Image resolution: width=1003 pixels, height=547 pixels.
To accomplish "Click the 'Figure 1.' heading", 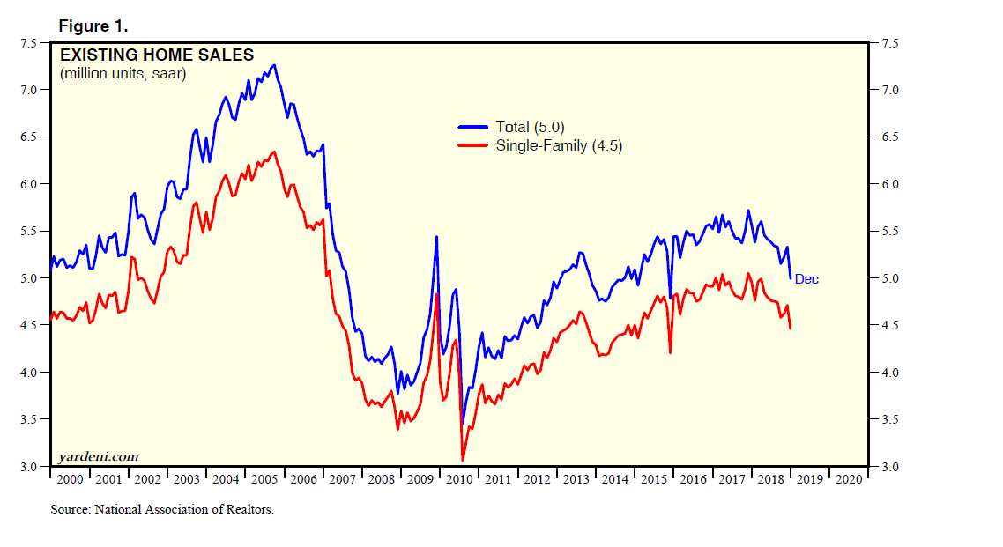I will (93, 25).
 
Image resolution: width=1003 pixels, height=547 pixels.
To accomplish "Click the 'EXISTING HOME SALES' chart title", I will (156, 55).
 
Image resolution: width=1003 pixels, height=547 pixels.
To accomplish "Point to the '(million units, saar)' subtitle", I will (123, 73).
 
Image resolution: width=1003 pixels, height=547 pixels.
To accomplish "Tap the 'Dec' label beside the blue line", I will (806, 279).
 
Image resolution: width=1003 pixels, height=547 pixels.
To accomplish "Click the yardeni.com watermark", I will (98, 456).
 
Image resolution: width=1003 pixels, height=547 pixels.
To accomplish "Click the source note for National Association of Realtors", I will (162, 509).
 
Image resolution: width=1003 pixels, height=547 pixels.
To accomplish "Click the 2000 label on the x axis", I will (68, 480).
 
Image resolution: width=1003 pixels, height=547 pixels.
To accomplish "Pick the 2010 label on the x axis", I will (459, 480).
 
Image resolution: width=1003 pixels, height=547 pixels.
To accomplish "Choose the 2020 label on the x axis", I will (849, 480).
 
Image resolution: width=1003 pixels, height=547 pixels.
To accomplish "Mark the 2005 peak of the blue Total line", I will (275, 64).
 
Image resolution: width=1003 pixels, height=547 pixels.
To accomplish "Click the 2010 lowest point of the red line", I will (463, 460).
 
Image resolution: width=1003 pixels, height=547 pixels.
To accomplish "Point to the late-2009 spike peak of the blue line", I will (436, 236).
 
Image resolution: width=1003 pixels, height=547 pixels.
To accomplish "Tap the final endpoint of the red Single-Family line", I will (791, 329).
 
